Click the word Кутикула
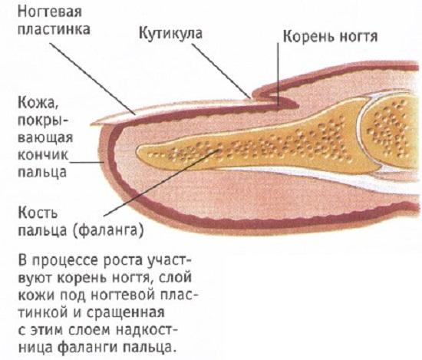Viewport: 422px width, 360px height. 170,33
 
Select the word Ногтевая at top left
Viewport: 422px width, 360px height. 50,12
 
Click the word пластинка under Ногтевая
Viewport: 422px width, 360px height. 54,29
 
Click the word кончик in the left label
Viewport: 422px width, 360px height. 43,155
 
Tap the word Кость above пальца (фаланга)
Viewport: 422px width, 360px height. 38,213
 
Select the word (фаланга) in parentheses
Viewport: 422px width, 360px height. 107,230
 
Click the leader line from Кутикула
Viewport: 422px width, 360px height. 221,71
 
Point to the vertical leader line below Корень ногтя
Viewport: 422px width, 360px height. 279,74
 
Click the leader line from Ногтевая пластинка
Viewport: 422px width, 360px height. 93,78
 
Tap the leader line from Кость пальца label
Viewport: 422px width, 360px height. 160,183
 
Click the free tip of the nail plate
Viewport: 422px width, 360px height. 92,124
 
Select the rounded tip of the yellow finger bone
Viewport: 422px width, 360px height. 140,152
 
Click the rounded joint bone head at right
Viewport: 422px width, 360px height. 387,127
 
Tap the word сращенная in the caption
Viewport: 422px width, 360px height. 125,312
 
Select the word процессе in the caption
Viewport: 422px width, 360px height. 64,261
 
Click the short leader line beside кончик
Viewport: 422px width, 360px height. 87,163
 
